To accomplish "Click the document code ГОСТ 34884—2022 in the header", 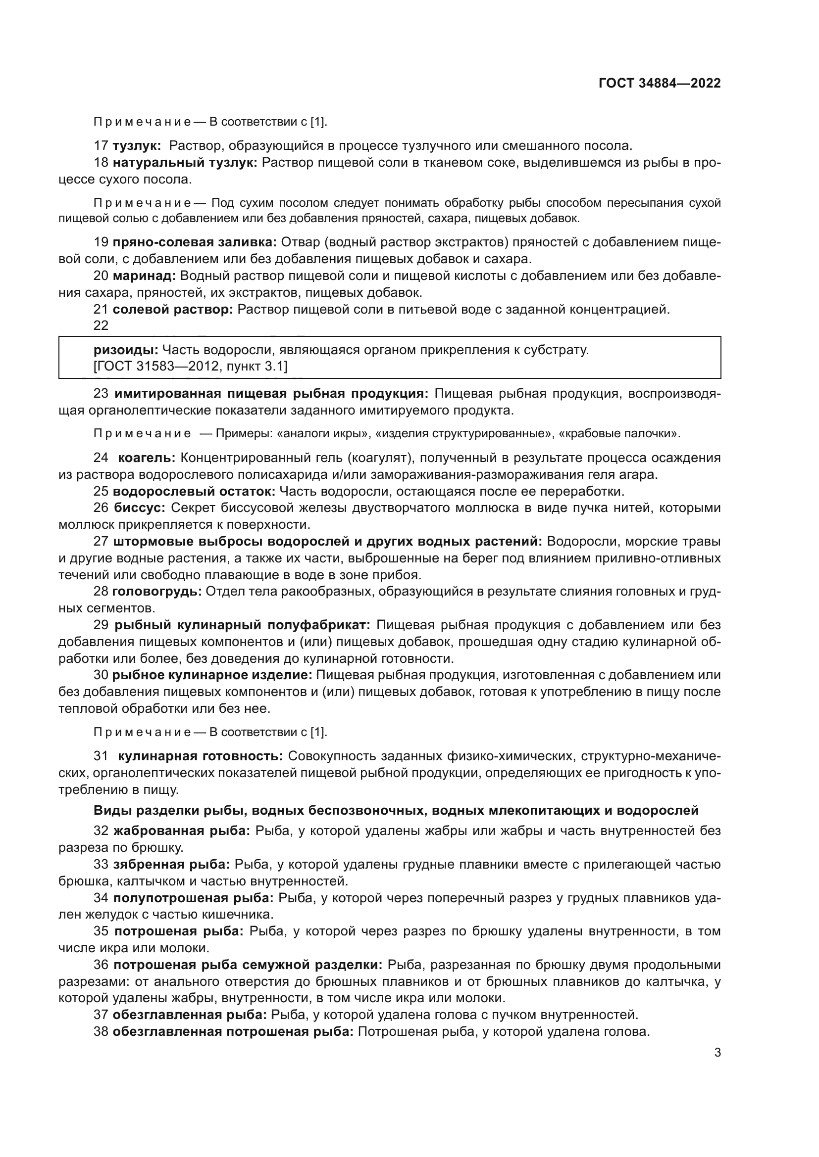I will click(660, 83).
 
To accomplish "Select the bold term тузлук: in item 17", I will click(137, 146).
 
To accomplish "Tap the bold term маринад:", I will click(144, 276).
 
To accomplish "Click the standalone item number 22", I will click(101, 325).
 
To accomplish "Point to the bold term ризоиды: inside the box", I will click(126, 350).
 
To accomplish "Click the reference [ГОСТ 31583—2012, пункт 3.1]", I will click(190, 367).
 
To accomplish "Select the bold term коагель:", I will click(146, 458).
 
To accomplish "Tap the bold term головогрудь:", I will click(157, 592).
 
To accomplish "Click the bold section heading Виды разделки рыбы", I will click(396, 810).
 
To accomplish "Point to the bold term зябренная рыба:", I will click(171, 864).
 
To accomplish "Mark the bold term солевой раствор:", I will click(172, 309).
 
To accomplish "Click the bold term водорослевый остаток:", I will click(194, 491).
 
